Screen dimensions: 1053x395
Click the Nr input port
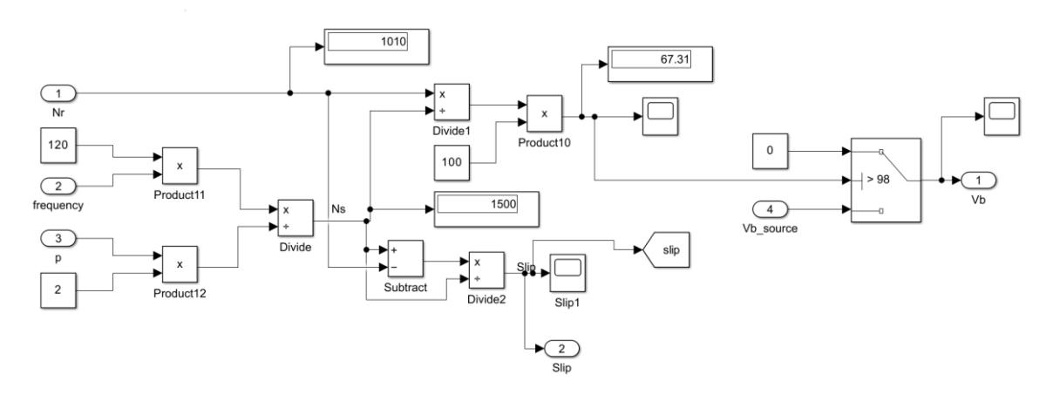pos(58,93)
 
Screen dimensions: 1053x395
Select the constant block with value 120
pos(58,146)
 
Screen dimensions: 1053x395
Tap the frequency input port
pos(58,186)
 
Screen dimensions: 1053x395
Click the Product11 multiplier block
pos(180,166)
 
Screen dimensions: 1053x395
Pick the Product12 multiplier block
pos(180,264)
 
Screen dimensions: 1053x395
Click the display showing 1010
pos(377,46)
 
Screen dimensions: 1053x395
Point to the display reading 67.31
pos(660,64)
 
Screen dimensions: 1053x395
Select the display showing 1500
pos(486,209)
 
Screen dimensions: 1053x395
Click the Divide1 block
pos(452,102)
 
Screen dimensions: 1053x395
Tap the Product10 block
pos(544,113)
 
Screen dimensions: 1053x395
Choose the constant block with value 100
pos(452,163)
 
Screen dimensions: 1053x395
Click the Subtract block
pos(405,259)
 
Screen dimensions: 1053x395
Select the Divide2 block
pos(486,270)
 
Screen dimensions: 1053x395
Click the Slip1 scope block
pos(567,273)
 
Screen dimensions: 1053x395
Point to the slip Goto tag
pos(666,249)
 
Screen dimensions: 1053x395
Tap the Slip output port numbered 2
pos(561,349)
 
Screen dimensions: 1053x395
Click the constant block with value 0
pos(770,151)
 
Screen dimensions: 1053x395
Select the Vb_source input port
pos(770,209)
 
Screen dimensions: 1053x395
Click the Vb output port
pos(978,180)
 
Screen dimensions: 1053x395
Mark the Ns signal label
pos(338,208)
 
